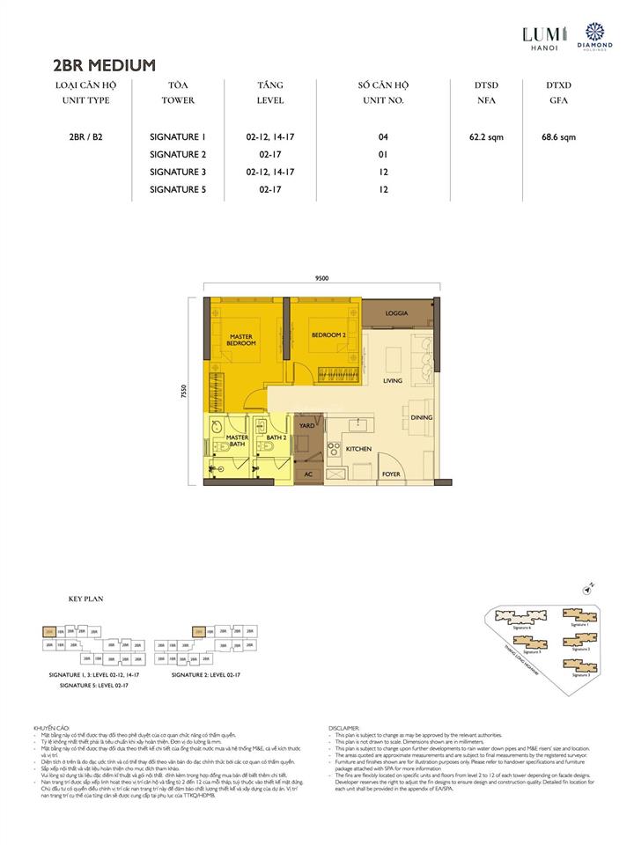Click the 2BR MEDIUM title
105,64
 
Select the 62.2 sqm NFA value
485,137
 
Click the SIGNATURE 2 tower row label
177,154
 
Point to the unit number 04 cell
383,137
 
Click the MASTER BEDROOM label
241,340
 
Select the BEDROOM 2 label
327,335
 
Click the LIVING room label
392,381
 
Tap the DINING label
421,418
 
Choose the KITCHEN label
358,449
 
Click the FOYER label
391,474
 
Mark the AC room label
307,474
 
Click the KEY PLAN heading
86,599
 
